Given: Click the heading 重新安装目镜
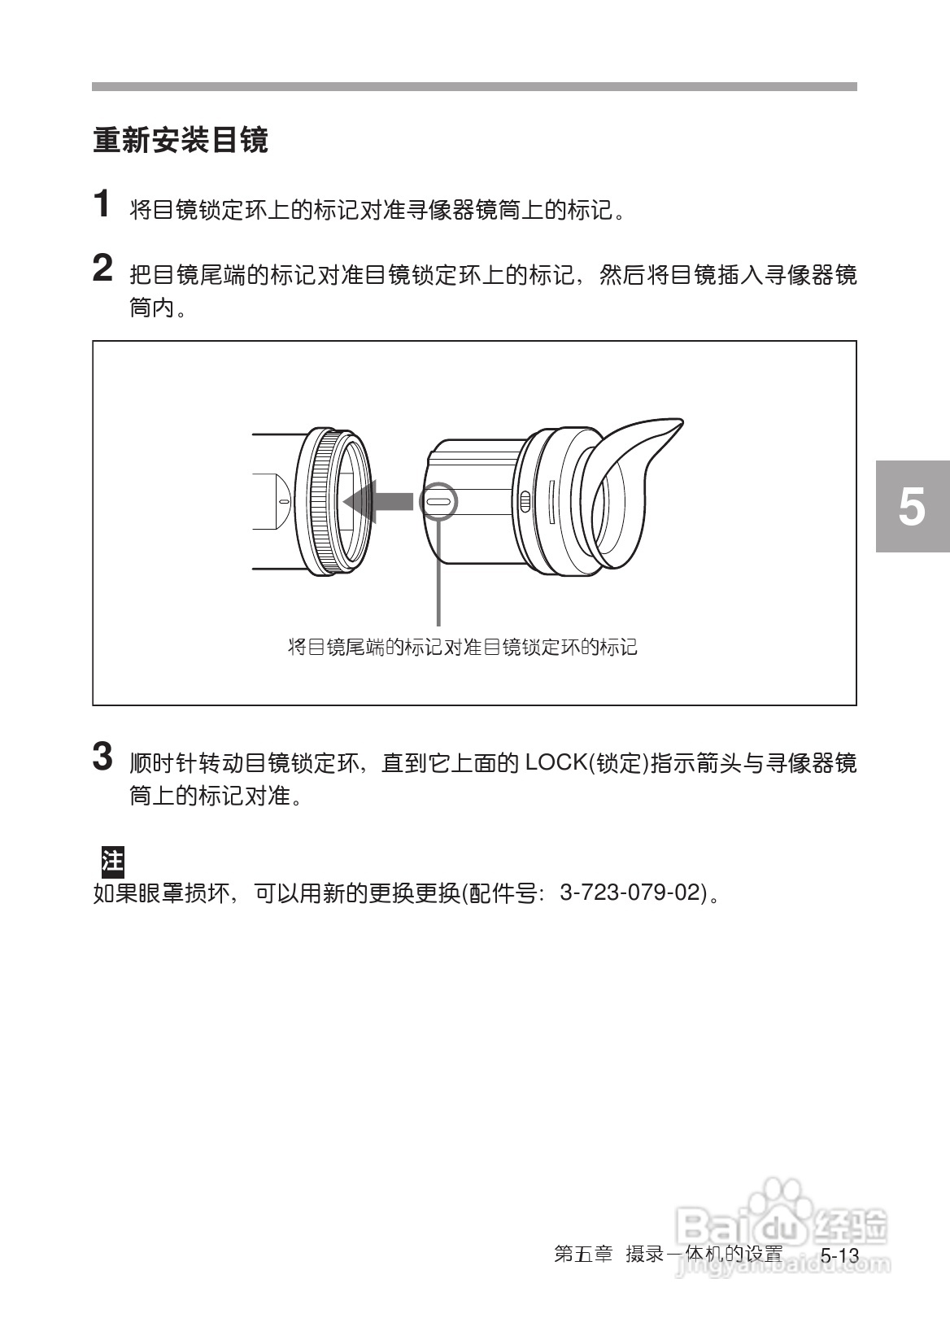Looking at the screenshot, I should click(181, 141).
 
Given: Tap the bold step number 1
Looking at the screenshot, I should click(102, 204).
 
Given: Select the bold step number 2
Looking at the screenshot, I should click(102, 268).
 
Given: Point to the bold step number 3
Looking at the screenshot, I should click(102, 756).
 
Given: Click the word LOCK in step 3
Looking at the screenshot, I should click(557, 763).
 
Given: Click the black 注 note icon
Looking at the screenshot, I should click(111, 860).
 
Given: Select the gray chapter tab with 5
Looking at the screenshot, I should click(913, 506).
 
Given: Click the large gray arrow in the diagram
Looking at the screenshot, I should click(379, 500).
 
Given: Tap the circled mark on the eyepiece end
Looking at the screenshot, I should click(438, 502).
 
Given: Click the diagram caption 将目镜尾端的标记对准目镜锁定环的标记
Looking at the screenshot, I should click(462, 648).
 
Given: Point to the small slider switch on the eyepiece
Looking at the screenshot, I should click(525, 502).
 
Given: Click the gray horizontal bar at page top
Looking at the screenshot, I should click(474, 86).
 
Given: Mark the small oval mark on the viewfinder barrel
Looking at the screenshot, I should click(282, 502).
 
